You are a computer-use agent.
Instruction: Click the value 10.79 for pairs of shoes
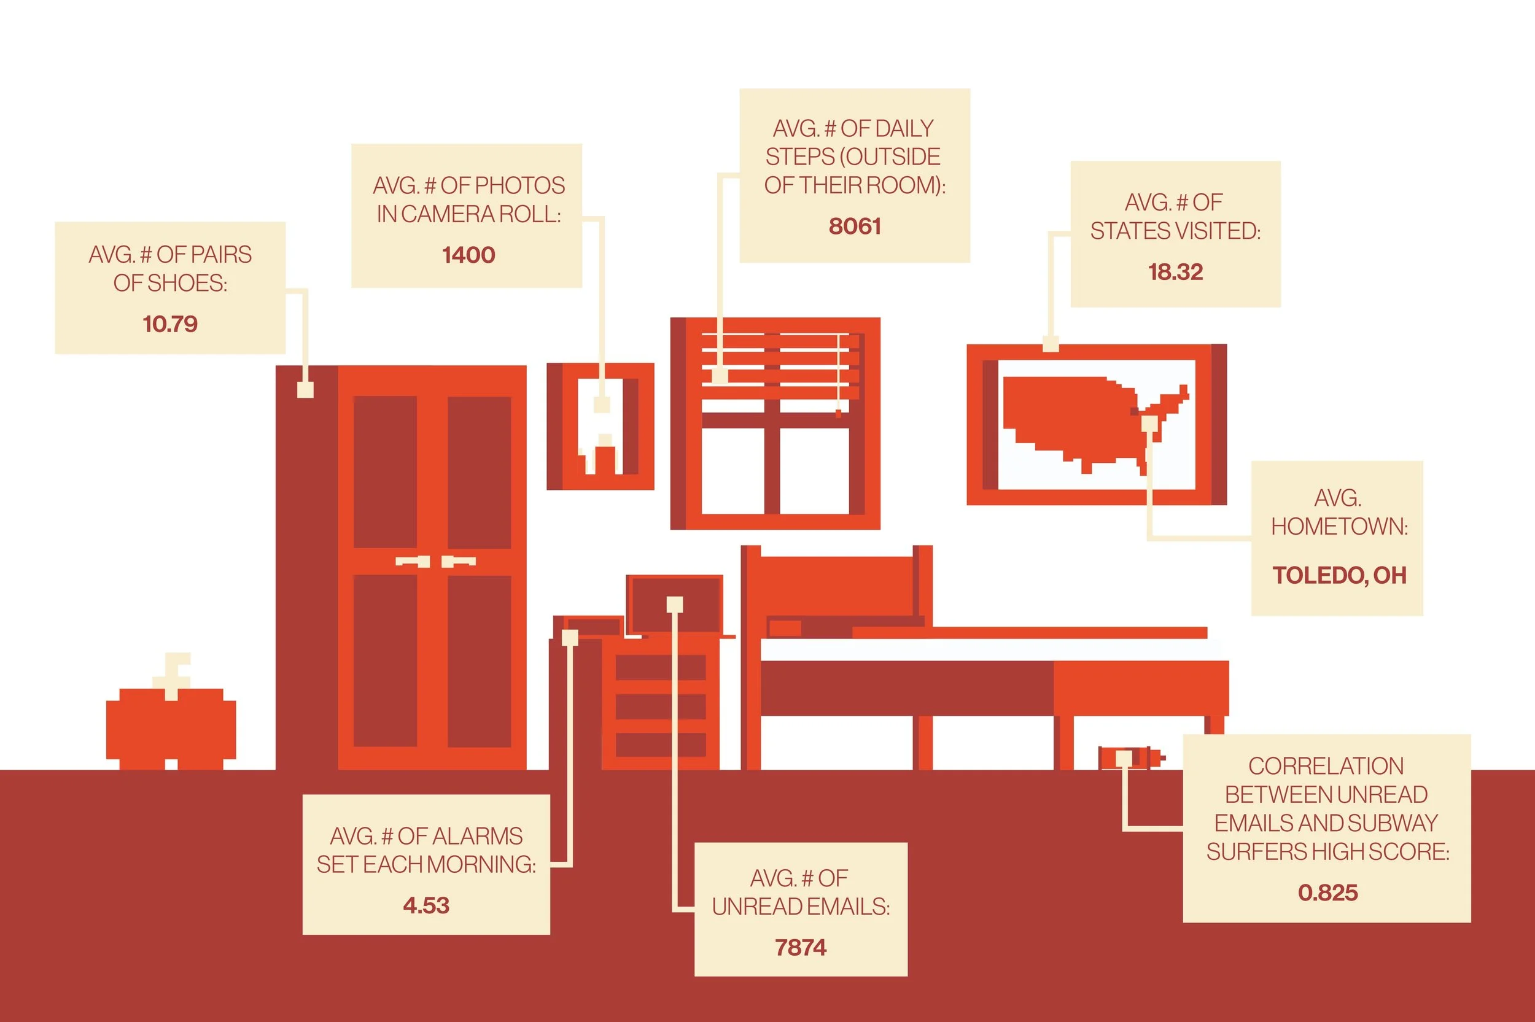pyautogui.click(x=170, y=324)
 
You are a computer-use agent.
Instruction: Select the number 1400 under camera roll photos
pyautogui.click(x=468, y=255)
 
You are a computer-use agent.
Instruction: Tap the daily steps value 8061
pyautogui.click(x=855, y=226)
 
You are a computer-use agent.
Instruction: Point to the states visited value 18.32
pyautogui.click(x=1175, y=272)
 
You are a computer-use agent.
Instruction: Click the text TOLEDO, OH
pyautogui.click(x=1339, y=576)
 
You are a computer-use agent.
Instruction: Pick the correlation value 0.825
pyautogui.click(x=1327, y=892)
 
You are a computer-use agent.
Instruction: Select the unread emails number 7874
pyautogui.click(x=801, y=947)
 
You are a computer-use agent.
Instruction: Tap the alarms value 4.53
pyautogui.click(x=426, y=905)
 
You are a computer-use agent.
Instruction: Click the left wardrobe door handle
pyautogui.click(x=413, y=561)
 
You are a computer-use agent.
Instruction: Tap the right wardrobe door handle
pyautogui.click(x=458, y=561)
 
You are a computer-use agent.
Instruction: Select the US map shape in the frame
pyautogui.click(x=1089, y=422)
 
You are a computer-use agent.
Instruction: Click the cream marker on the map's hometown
pyautogui.click(x=1150, y=424)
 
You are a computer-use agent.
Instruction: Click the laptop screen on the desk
pyautogui.click(x=674, y=605)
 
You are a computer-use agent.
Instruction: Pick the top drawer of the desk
pyautogui.click(x=660, y=667)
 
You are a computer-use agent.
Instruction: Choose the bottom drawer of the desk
pyautogui.click(x=660, y=745)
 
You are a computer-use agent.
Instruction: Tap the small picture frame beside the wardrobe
pyautogui.click(x=600, y=426)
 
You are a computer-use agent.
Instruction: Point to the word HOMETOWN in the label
pyautogui.click(x=1339, y=527)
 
